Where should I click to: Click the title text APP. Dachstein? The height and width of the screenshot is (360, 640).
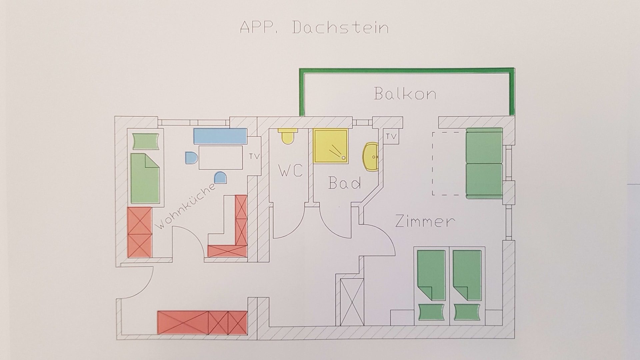tap(314, 28)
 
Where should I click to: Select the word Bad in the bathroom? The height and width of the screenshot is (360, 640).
tap(345, 183)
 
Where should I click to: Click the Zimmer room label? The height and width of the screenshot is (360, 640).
tap(425, 221)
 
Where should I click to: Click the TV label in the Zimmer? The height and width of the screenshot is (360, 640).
tap(391, 136)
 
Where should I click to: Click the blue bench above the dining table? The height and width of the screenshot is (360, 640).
tap(220, 136)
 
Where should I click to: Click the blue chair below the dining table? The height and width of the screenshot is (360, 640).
tap(221, 178)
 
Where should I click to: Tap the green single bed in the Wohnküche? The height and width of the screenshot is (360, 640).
tap(145, 178)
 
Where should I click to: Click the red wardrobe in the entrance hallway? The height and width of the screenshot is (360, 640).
tap(202, 322)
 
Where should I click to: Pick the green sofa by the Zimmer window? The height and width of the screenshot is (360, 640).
tap(484, 163)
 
